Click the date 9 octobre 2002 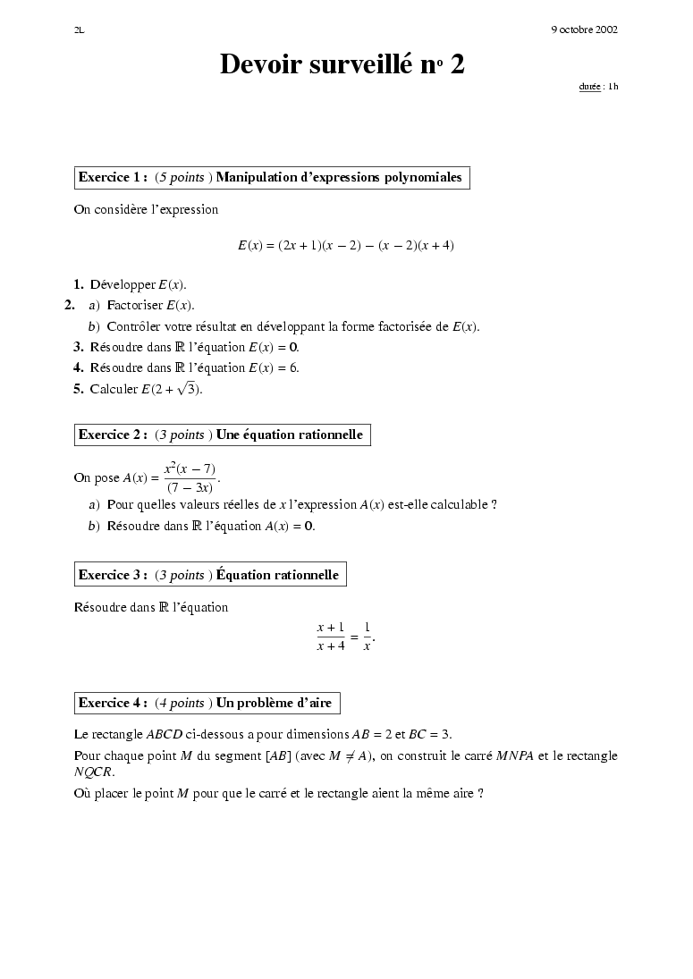(x=585, y=30)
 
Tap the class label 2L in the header (x=79, y=30)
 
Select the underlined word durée (x=589, y=87)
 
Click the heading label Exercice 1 (x=113, y=177)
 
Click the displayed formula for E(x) (x=345, y=245)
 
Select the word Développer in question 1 (x=123, y=285)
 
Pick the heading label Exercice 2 (x=113, y=435)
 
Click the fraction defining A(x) (x=190, y=477)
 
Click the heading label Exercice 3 (x=113, y=575)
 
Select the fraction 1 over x (x=367, y=637)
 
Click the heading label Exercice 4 (x=113, y=703)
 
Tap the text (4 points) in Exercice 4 (x=183, y=703)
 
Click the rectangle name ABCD (x=164, y=735)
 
